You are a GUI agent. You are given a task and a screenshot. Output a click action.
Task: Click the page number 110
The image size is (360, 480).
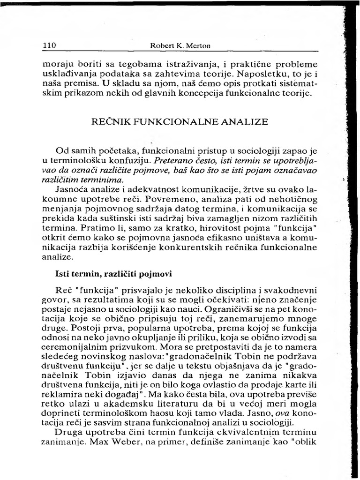coord(49,46)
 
